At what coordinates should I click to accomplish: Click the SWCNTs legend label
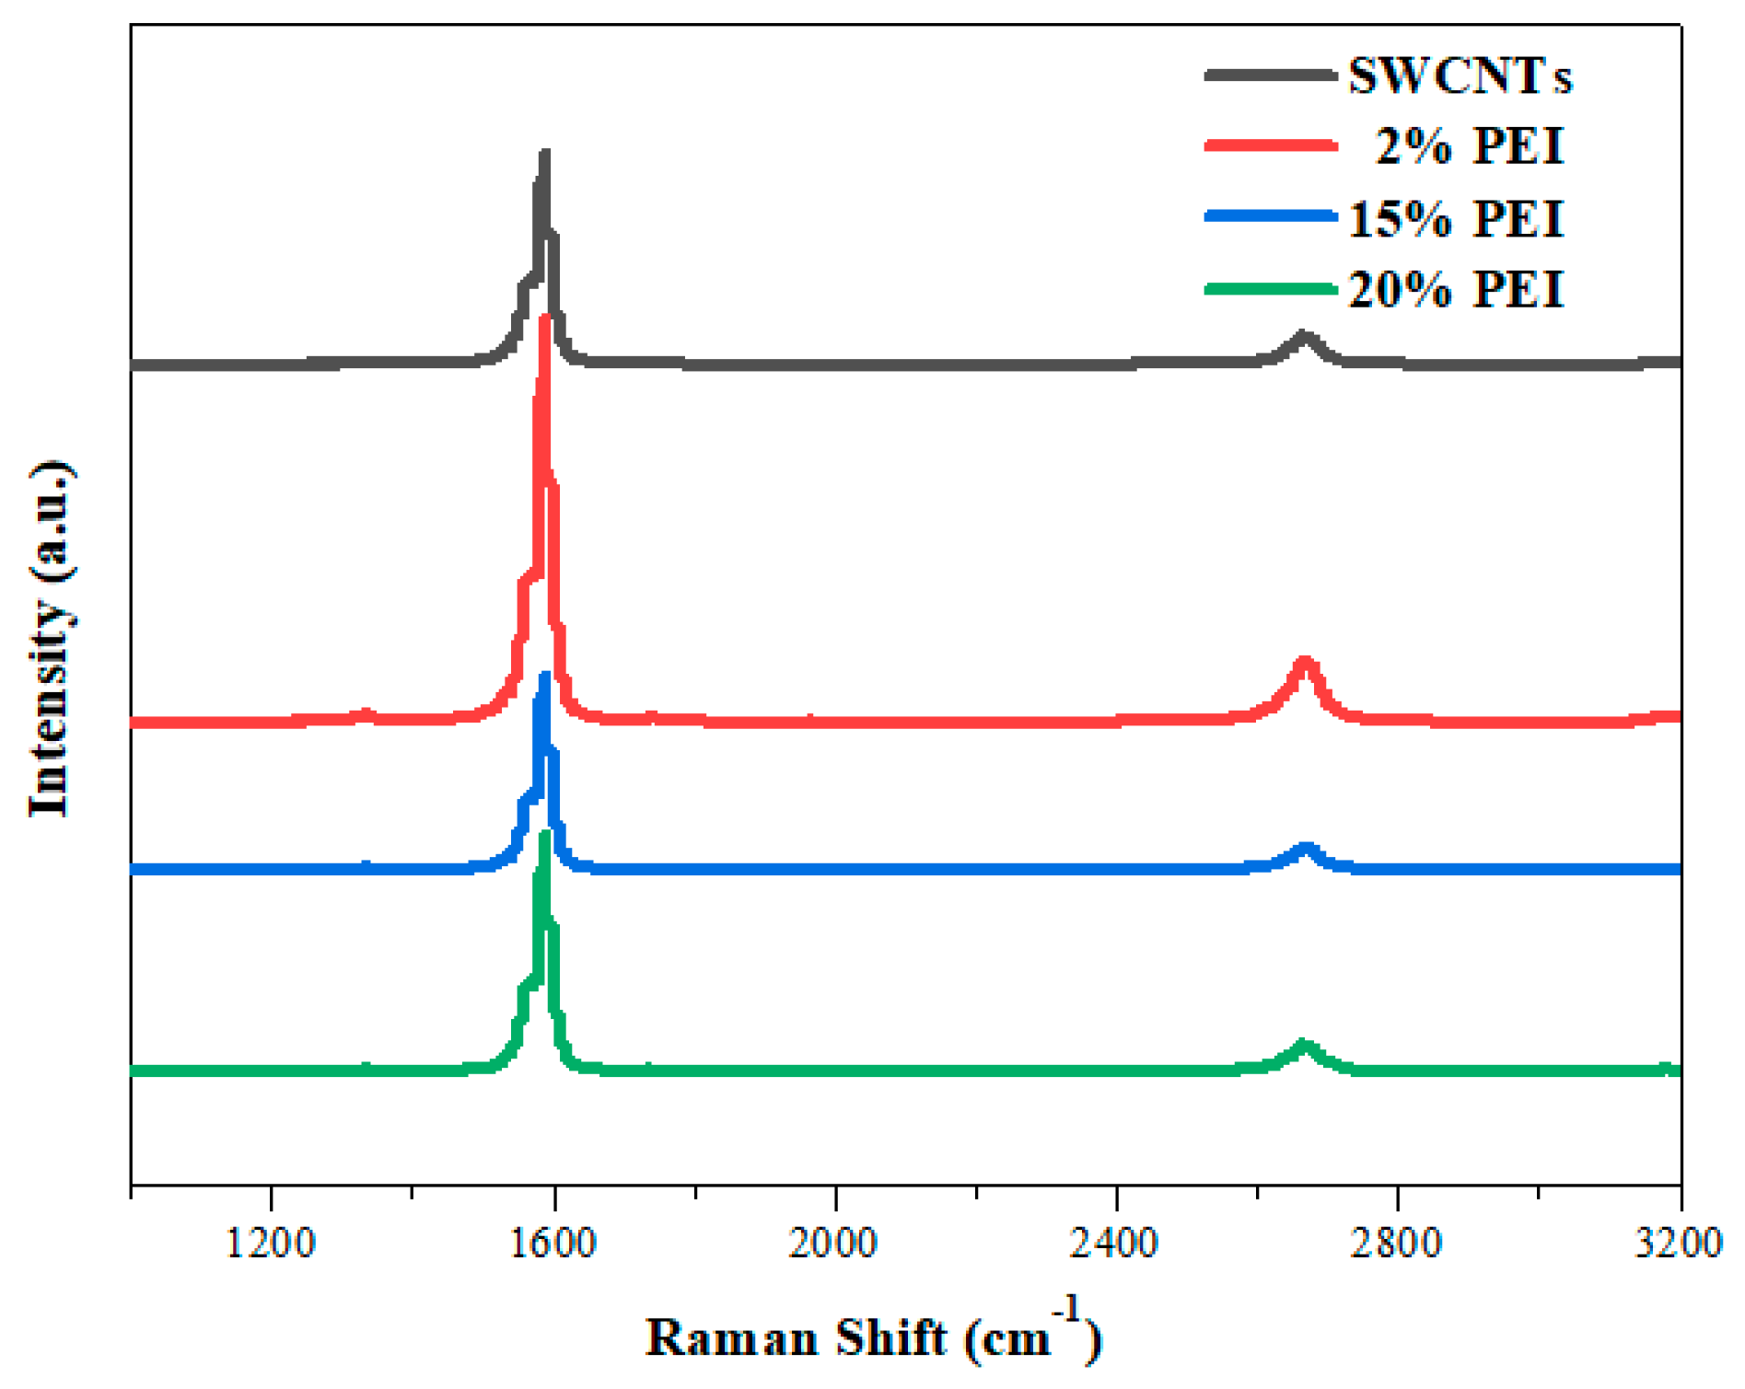point(1460,75)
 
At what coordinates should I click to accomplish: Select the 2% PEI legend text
point(1470,146)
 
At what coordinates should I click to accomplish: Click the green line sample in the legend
point(1271,289)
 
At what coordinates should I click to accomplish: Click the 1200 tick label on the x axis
point(271,1243)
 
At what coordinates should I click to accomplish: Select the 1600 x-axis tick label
point(553,1243)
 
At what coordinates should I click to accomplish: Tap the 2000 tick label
point(835,1243)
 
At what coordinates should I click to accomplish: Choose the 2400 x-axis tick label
point(1116,1243)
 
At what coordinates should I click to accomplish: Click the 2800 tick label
point(1398,1243)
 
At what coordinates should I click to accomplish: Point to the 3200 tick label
point(1678,1243)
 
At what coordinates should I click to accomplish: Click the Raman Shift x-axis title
point(873,1337)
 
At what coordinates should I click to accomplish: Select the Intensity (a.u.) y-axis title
point(50,639)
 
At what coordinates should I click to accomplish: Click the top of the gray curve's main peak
point(544,154)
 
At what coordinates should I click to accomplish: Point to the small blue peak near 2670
point(1305,848)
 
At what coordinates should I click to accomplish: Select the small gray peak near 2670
point(1303,336)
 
